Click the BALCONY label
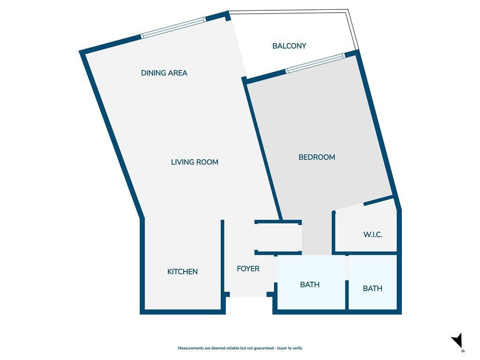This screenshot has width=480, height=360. tap(289, 46)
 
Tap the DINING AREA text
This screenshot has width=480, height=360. tap(164, 73)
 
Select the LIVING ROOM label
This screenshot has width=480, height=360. tap(195, 162)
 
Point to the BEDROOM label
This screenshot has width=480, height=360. tap(316, 157)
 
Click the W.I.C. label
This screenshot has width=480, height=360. tap(373, 235)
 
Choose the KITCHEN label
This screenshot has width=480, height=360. tap(182, 271)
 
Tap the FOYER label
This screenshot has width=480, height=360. tap(248, 269)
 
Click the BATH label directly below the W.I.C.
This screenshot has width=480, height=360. tap(373, 288)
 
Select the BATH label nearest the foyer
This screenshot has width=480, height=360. tap(310, 285)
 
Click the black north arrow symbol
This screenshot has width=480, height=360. tap(457, 340)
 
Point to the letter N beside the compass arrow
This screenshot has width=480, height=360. tap(463, 351)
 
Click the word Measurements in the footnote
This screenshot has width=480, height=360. tap(191, 348)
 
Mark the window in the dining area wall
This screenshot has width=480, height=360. tap(173, 28)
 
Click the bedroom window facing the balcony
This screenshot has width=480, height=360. tap(315, 63)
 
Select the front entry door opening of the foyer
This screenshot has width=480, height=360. tap(248, 294)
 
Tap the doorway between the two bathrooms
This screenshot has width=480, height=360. tap(347, 267)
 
